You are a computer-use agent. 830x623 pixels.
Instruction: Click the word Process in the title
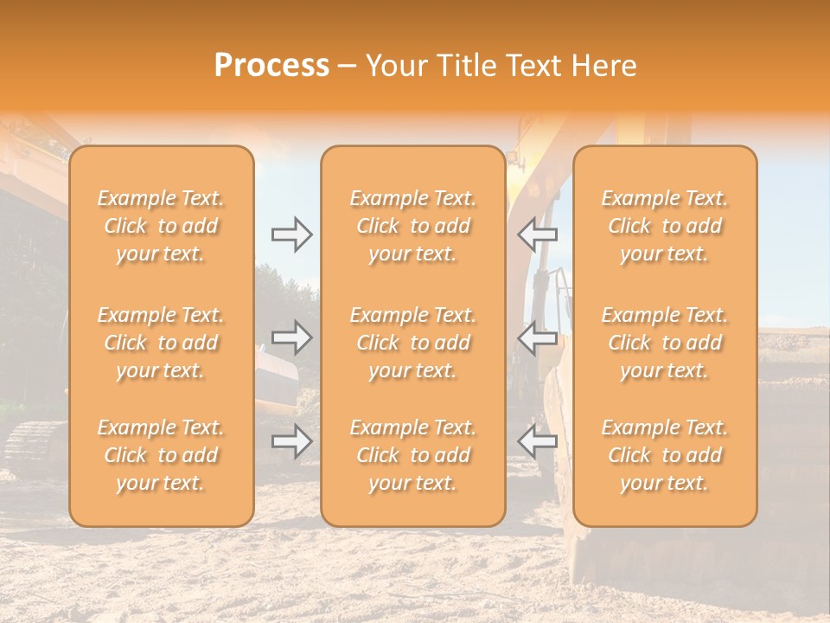[x=271, y=66]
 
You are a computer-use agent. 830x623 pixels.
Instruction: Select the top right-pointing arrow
[x=291, y=234]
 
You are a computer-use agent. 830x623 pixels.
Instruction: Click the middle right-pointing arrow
[x=291, y=337]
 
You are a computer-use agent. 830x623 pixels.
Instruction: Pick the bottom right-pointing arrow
[x=291, y=442]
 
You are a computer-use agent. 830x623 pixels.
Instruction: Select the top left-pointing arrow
[x=538, y=234]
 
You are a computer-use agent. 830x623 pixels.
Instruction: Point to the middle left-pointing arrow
[x=538, y=337]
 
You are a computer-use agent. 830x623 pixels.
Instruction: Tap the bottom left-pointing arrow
[x=538, y=442]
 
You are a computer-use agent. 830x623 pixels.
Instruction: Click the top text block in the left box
[x=161, y=226]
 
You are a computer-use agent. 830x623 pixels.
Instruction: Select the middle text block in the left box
[x=161, y=343]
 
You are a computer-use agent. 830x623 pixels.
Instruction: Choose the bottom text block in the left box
[x=161, y=455]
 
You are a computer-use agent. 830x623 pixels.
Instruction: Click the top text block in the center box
[x=413, y=226]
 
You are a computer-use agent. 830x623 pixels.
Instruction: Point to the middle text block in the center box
[x=413, y=343]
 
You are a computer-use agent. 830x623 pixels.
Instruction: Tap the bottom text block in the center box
[x=413, y=455]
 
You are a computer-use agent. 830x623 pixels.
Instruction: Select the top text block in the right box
[x=665, y=226]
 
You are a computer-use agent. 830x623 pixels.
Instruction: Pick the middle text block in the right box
[x=665, y=343]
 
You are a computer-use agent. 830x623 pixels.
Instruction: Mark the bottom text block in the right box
[x=665, y=455]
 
